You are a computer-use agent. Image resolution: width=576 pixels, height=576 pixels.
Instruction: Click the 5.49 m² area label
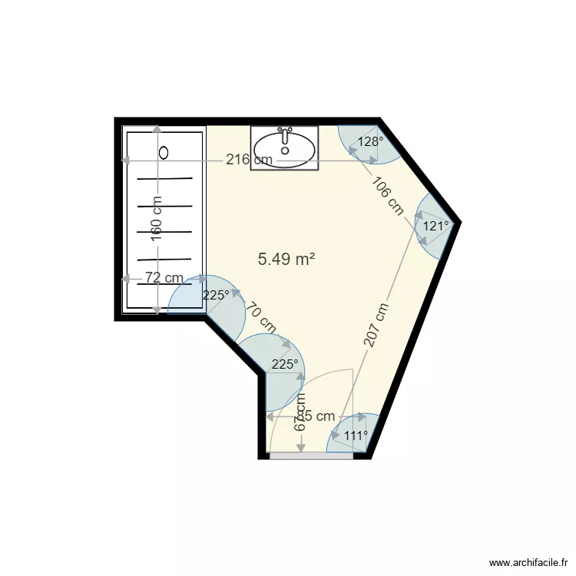coord(286,260)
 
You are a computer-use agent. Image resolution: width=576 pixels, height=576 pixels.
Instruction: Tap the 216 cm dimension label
coord(249,160)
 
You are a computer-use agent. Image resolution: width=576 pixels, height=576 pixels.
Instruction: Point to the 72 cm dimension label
coord(163,278)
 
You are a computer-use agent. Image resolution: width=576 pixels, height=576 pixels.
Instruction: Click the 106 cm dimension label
coord(388,196)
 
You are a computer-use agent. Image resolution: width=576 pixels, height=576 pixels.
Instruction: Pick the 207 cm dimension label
coord(376,325)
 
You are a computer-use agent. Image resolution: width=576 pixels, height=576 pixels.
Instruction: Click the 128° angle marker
coord(371,142)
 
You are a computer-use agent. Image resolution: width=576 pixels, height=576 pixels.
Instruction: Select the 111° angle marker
coord(356,435)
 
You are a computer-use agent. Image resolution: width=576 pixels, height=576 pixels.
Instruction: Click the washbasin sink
coord(284,147)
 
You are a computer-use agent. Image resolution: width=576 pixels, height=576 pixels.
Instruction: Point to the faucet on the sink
coord(285,135)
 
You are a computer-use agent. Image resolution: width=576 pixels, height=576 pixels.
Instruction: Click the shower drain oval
coord(163,152)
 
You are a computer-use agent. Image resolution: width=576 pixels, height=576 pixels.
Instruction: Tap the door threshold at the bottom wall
coord(311,455)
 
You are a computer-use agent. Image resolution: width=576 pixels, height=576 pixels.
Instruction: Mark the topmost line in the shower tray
coord(165,179)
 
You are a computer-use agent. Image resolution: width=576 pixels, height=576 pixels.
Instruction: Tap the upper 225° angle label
coord(216,295)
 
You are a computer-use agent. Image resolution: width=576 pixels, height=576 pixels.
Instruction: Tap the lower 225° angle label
coord(284,365)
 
